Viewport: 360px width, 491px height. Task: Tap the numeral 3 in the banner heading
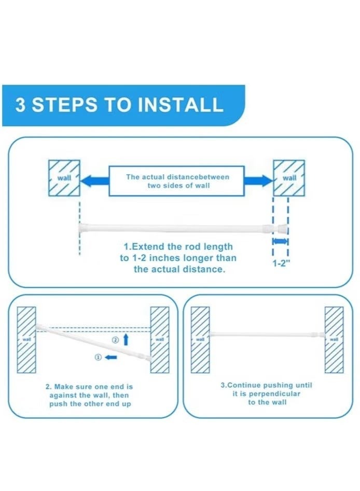click(20, 105)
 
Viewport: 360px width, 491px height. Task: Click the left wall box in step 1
click(64, 178)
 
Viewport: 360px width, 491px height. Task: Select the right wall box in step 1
click(289, 178)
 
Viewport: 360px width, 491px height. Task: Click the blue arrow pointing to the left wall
click(94, 180)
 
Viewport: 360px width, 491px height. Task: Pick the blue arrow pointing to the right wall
click(258, 180)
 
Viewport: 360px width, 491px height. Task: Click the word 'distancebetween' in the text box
click(198, 177)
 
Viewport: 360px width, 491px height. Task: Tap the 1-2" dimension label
click(280, 263)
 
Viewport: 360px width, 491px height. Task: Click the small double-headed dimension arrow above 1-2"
click(281, 241)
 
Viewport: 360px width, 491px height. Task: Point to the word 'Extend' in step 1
click(148, 247)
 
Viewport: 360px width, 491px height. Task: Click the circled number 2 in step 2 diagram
click(115, 340)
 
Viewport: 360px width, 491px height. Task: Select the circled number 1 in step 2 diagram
click(98, 357)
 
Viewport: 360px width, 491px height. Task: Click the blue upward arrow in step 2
click(126, 340)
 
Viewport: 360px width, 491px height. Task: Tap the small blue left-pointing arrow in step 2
click(111, 357)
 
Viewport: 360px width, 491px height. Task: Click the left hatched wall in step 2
click(26, 340)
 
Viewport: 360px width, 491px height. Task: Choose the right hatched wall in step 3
click(334, 340)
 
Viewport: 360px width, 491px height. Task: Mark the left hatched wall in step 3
click(200, 340)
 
